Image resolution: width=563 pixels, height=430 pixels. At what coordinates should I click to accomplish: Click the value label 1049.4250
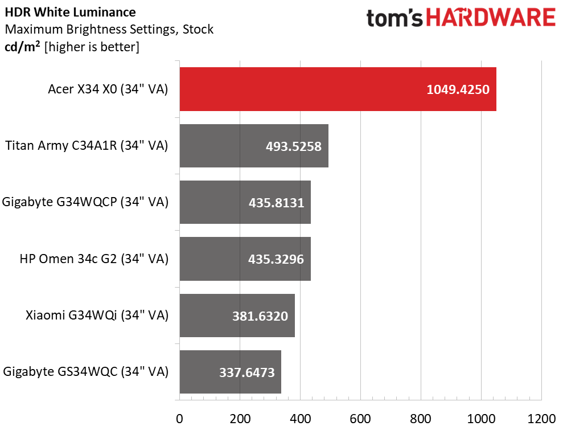(458, 89)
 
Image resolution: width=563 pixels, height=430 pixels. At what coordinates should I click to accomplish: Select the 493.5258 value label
(294, 146)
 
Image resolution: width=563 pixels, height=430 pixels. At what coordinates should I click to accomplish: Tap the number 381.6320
(260, 316)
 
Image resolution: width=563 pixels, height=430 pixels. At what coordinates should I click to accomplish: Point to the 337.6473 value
(247, 372)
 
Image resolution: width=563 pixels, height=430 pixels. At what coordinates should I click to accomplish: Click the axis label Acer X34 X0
(108, 89)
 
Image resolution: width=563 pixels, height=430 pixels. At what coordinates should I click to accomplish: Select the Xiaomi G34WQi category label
(97, 316)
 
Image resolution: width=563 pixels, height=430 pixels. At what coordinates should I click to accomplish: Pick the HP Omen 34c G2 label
(94, 259)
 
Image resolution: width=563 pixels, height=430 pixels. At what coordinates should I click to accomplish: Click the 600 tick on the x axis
(360, 419)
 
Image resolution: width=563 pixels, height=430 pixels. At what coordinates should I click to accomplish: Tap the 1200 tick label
(541, 419)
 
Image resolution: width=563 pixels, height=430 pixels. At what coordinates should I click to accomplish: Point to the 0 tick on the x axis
(180, 419)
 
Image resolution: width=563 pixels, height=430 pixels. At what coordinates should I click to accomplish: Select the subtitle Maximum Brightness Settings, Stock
(109, 29)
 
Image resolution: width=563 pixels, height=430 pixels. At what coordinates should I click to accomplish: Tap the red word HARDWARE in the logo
(490, 18)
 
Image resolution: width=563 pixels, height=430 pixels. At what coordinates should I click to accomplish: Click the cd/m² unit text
(23, 47)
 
